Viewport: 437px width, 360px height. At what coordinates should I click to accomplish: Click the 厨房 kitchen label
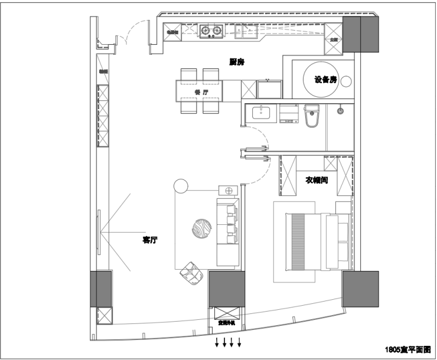click(237, 61)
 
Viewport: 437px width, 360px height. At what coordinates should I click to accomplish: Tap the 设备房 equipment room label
click(325, 80)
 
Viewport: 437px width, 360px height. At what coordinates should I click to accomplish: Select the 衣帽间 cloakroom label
click(317, 179)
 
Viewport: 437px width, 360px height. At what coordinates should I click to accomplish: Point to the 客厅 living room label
click(150, 240)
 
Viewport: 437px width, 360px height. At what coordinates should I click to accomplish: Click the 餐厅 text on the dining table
click(201, 93)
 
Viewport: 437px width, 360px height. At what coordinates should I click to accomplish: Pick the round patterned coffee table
click(201, 230)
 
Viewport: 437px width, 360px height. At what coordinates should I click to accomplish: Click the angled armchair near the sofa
click(191, 272)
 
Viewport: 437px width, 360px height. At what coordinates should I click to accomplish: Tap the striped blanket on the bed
click(298, 241)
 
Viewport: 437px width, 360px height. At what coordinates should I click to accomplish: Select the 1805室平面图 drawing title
click(408, 349)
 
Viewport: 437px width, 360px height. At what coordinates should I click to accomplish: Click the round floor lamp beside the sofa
click(181, 186)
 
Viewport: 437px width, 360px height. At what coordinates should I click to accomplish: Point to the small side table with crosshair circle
click(228, 190)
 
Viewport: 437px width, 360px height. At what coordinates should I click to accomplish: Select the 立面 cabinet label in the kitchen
click(334, 40)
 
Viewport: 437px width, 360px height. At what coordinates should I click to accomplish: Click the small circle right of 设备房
click(349, 80)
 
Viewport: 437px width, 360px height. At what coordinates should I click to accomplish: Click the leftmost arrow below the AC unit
click(217, 343)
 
